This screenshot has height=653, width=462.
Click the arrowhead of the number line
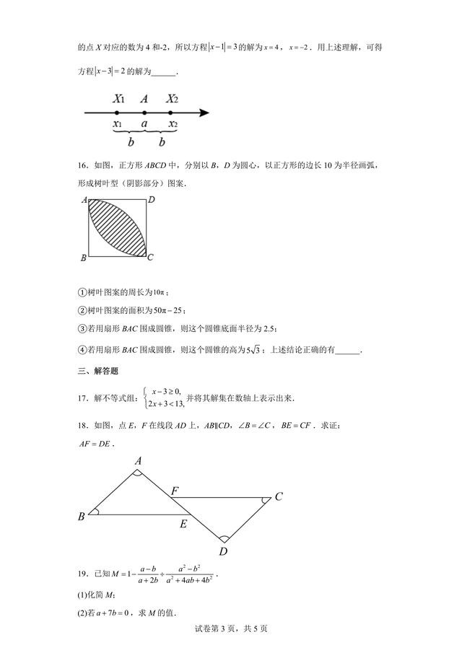pyautogui.click(x=204, y=113)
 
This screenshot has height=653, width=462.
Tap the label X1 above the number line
pyautogui.click(x=119, y=99)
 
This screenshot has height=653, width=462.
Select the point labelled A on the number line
pyautogui.click(x=144, y=113)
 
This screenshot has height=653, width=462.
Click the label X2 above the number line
pyautogui.click(x=171, y=99)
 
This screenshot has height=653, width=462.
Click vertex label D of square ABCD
pyautogui.click(x=152, y=200)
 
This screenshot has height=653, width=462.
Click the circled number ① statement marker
pyautogui.click(x=82, y=291)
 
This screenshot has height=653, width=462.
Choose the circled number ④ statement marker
pyautogui.click(x=82, y=350)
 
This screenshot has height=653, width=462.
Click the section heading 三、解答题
pyautogui.click(x=98, y=371)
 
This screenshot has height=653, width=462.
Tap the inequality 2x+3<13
pyautogui.click(x=165, y=404)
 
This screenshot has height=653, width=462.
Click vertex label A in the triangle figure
pyautogui.click(x=137, y=460)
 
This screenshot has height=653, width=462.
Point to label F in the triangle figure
pyautogui.click(x=175, y=491)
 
